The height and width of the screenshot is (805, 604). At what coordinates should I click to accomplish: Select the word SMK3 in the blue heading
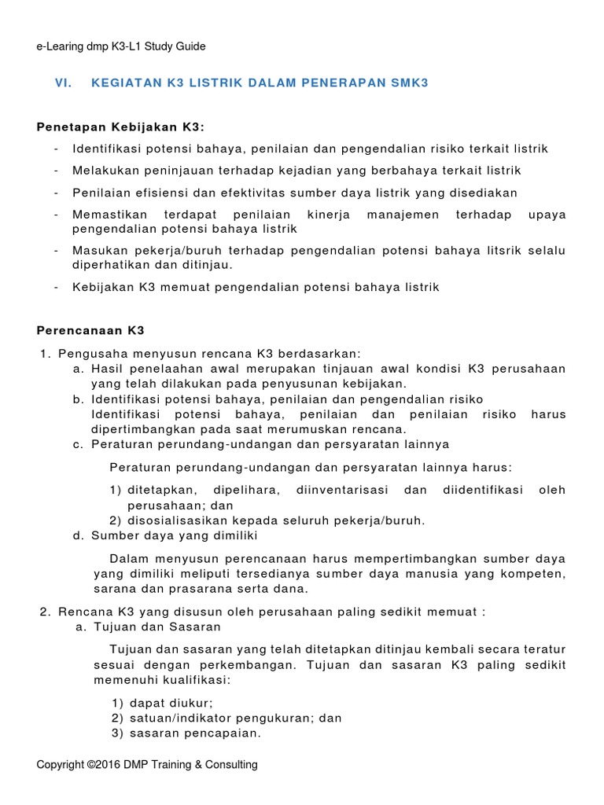pos(408,83)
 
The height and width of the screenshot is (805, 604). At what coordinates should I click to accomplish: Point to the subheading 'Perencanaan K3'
pos(91,330)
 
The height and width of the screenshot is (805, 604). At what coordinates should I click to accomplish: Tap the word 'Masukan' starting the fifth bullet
pos(98,251)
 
